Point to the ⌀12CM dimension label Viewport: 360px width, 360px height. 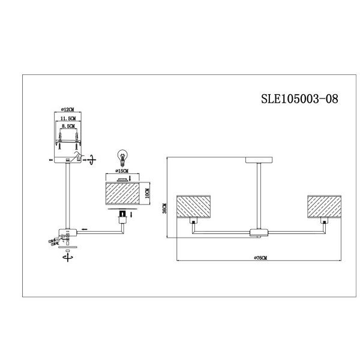pos(67,110)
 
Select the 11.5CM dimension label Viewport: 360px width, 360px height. pos(67,119)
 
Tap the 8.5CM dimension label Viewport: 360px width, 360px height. pos(67,127)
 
